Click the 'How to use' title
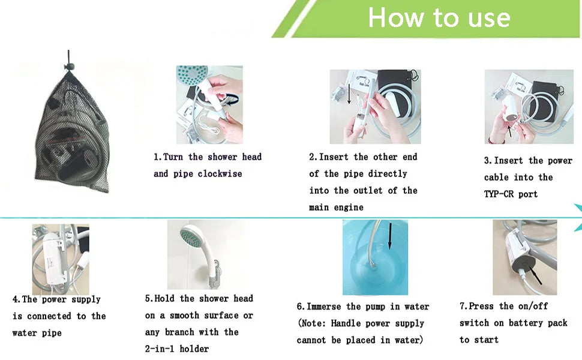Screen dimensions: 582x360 click(x=439, y=17)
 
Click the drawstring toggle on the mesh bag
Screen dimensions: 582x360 click(x=70, y=67)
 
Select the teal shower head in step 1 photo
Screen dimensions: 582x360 click(x=192, y=75)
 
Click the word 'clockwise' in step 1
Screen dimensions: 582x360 click(x=220, y=173)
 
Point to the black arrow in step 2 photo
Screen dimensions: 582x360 click(x=349, y=94)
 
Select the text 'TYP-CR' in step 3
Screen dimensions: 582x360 click(x=499, y=194)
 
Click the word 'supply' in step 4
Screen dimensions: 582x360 click(x=86, y=299)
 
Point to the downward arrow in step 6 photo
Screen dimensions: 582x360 click(x=390, y=236)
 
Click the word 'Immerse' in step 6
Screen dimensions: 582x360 click(x=323, y=307)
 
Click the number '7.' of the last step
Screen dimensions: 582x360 click(x=463, y=306)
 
